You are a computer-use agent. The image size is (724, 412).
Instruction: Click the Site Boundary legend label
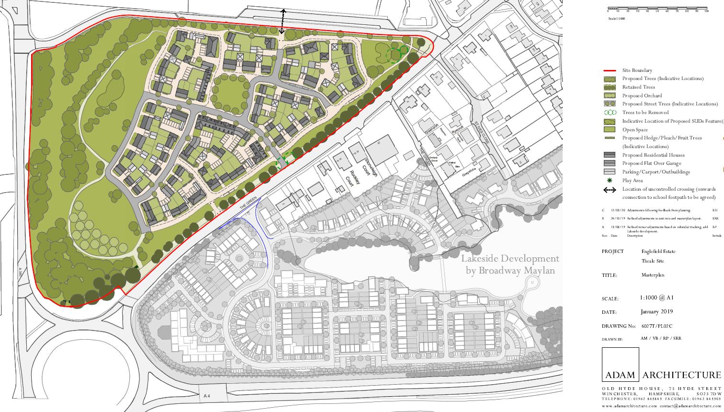point(637,70)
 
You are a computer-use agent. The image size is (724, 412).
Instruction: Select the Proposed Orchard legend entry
point(641,96)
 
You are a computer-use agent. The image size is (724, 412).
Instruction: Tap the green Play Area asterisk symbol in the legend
point(610,180)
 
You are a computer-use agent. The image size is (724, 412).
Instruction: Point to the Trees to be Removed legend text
point(645,113)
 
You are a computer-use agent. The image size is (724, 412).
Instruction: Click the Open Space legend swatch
point(610,130)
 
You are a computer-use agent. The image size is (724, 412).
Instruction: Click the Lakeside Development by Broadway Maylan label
point(510,265)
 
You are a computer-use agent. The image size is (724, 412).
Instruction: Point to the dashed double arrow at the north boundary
point(283,21)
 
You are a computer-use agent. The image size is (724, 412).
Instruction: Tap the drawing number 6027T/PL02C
point(657,326)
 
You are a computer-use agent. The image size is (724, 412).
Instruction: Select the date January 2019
point(656,311)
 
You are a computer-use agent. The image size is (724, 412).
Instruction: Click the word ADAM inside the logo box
point(620,375)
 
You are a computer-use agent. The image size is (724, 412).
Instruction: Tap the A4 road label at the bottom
point(207,396)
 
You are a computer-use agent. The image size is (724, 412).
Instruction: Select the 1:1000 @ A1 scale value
point(656,298)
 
